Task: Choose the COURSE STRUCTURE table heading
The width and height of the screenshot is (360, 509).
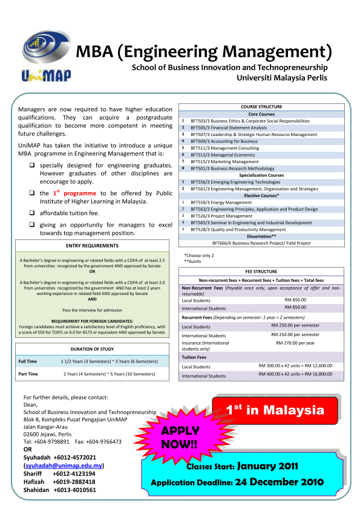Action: pyautogui.click(x=261, y=106)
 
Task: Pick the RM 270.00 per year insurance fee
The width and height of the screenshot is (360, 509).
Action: pyautogui.click(x=296, y=343)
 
